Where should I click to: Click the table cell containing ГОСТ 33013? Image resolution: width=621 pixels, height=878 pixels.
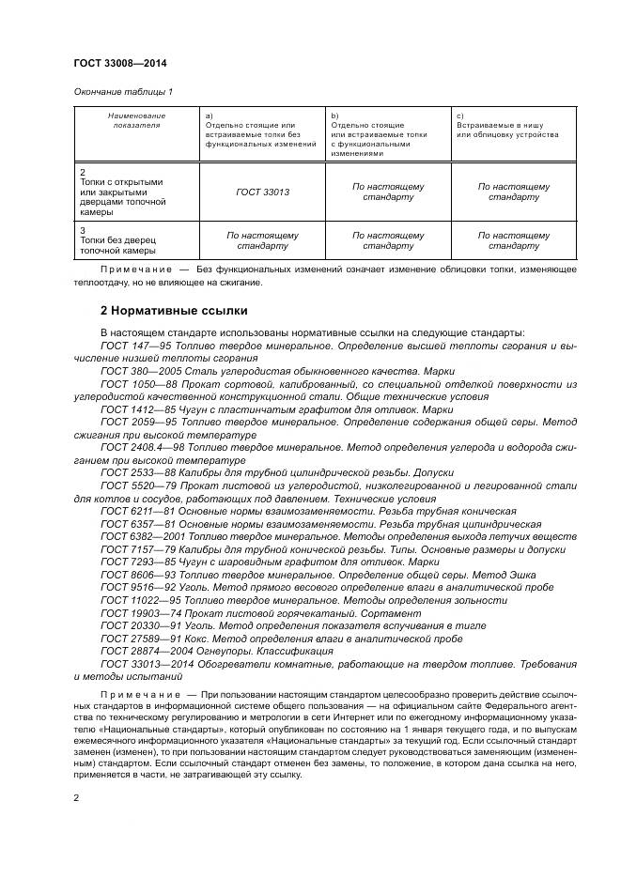262,193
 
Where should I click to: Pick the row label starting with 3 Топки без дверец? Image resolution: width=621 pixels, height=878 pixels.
118,239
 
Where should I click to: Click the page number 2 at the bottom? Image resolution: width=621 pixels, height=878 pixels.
76,796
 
